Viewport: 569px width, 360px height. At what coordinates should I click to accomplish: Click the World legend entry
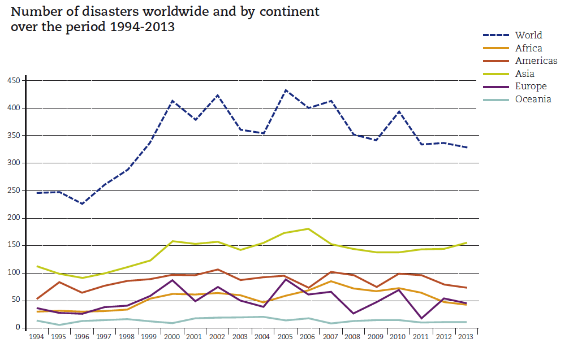point(528,35)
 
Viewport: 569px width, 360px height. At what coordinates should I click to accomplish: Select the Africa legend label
point(528,48)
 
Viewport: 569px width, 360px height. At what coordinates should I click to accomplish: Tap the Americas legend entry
point(536,60)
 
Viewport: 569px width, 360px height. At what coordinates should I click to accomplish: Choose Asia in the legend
point(525,73)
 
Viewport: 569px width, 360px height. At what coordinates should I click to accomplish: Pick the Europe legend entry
point(531,86)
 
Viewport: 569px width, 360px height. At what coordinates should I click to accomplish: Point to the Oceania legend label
point(533,99)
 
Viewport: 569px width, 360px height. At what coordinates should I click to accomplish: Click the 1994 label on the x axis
point(37,336)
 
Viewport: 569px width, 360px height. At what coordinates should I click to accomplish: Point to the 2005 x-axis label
point(286,336)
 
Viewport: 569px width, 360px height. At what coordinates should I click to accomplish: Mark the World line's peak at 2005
point(286,90)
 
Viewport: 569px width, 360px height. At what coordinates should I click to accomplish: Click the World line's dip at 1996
point(82,203)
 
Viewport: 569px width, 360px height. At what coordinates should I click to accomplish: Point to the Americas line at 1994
point(37,298)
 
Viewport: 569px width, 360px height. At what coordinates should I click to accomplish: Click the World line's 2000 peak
point(173,101)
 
